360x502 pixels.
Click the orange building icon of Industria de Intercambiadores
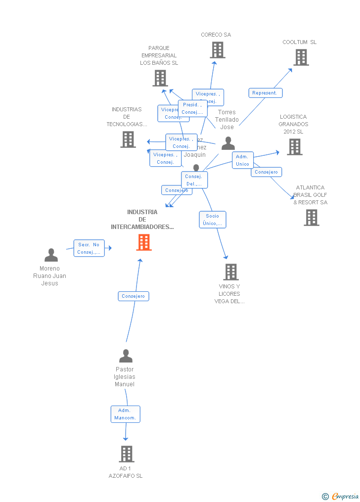144,242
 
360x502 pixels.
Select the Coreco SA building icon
217,50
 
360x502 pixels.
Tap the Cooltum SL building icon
301,57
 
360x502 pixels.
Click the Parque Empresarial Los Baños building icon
160,78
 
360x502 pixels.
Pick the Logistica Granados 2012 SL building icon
294,147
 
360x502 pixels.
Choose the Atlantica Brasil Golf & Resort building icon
311,218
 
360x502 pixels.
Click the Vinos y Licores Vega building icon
230,272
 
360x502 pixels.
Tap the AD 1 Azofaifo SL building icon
126,454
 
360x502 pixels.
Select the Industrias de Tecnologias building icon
128,139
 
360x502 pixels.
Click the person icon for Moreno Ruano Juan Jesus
51,255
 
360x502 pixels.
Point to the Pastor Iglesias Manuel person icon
126,356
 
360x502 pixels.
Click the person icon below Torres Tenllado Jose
228,143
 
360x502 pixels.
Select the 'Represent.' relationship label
265,93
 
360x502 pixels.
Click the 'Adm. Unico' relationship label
242,160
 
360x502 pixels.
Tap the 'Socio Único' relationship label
213,220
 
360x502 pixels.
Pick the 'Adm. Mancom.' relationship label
125,414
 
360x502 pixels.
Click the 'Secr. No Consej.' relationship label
89,248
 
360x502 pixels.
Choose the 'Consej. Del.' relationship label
194,180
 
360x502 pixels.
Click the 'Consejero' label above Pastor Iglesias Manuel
134,296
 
